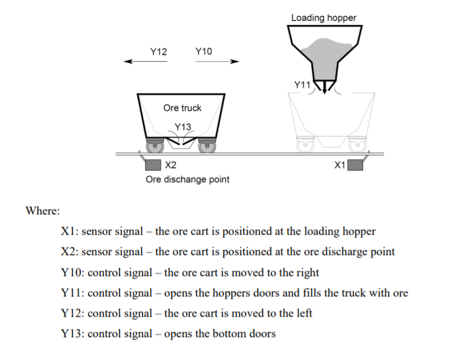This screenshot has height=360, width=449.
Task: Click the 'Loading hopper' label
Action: [324, 18]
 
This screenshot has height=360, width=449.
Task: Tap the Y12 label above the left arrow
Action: [159, 52]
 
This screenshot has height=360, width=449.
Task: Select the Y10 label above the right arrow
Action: [203, 51]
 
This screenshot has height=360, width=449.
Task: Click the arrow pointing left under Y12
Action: [146, 61]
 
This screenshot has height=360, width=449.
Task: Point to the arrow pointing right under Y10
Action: [217, 61]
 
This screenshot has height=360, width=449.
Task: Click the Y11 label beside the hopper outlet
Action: [303, 85]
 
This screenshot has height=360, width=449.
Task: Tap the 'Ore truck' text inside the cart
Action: [182, 108]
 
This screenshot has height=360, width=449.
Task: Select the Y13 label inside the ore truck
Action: [182, 127]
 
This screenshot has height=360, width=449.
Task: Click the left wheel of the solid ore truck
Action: [155, 147]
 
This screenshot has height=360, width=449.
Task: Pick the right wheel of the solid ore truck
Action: [207, 147]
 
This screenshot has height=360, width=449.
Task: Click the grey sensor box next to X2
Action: [153, 165]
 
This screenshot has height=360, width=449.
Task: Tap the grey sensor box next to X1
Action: [355, 165]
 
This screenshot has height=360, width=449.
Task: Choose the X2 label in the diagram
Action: [171, 165]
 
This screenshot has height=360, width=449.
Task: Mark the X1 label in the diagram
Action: [339, 165]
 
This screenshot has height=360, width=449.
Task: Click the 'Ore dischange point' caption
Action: [188, 179]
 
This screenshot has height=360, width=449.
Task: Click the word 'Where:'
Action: [43, 210]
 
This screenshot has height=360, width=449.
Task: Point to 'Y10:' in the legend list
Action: [72, 273]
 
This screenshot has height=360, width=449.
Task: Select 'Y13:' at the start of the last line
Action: [72, 334]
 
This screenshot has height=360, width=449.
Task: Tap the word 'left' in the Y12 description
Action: [304, 313]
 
